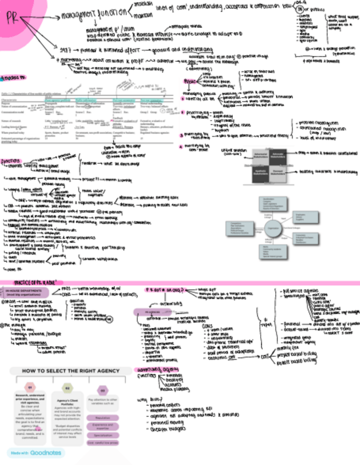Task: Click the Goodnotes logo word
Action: [x=45, y=453]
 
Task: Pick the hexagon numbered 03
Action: [x=102, y=390]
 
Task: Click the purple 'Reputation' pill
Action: [x=102, y=417]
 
